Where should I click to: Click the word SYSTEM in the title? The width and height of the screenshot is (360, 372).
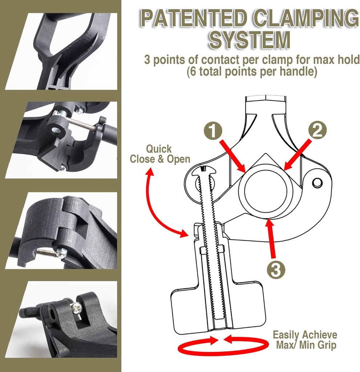click(249, 40)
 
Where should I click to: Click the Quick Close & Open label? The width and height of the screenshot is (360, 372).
click(160, 154)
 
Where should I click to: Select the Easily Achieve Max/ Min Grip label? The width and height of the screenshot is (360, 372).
click(305, 340)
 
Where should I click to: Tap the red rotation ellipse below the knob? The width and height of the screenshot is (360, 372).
click(222, 347)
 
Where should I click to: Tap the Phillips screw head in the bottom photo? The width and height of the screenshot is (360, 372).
click(77, 308)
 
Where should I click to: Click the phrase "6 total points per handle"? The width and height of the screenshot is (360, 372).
click(252, 72)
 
